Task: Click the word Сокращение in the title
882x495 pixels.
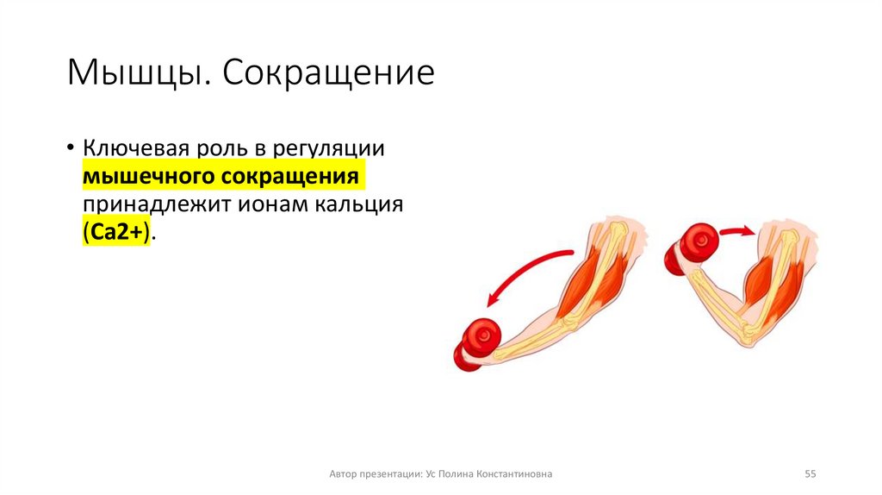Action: coord(329,73)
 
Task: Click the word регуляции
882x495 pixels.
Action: coord(327,147)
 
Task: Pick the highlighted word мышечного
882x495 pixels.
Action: coord(147,176)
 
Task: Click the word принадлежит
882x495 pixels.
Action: coord(152,205)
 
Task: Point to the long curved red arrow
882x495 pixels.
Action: coord(525,272)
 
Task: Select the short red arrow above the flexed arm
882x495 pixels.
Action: coord(736,230)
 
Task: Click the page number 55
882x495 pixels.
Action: coord(810,473)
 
